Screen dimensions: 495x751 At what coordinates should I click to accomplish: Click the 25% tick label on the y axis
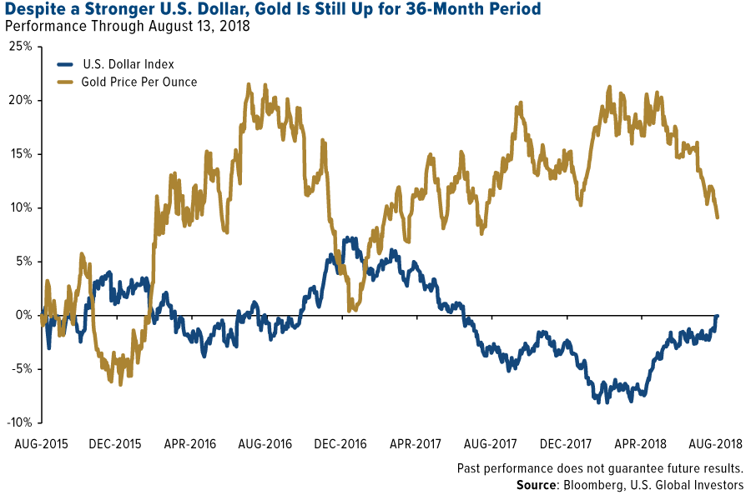tap(21, 47)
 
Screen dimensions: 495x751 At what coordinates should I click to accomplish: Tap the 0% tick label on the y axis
tap(23, 315)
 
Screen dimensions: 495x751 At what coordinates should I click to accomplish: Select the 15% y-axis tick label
tap(21, 154)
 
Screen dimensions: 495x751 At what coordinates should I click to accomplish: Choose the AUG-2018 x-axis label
tap(717, 442)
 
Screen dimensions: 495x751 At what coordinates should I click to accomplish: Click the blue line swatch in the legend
tap(66, 64)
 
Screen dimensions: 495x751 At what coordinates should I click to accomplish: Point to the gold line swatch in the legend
tap(66, 82)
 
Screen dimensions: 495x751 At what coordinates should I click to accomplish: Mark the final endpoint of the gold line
tap(718, 217)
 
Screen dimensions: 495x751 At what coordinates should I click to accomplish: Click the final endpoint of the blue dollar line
tap(718, 316)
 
